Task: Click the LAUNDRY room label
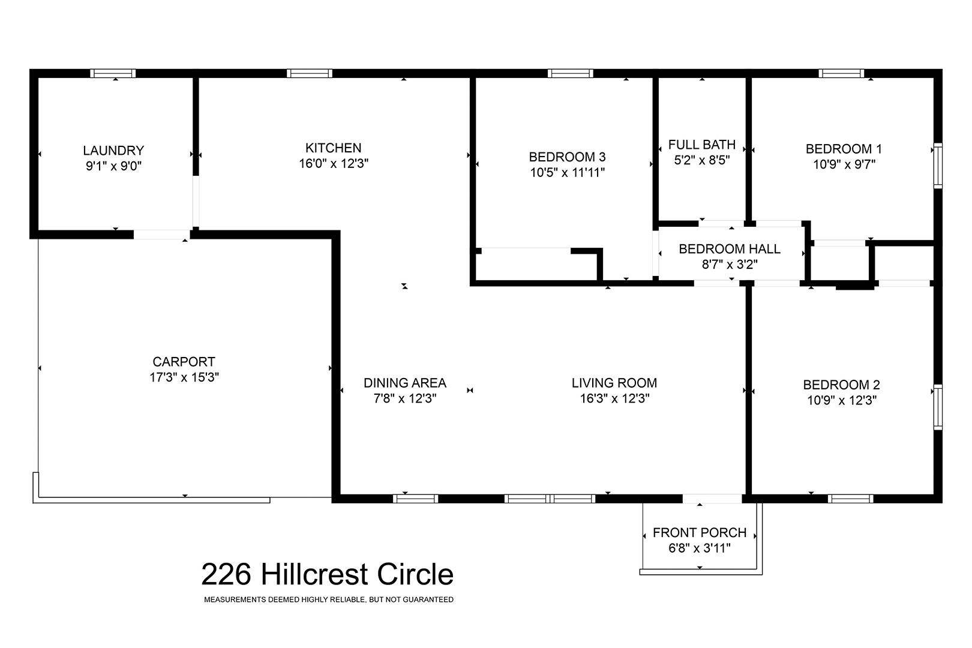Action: (113, 151)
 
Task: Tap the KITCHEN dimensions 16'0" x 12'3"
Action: (333, 164)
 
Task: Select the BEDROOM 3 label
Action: (567, 157)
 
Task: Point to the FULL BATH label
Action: (701, 145)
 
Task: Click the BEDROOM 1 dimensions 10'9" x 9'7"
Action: (844, 164)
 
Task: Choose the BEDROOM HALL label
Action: (730, 248)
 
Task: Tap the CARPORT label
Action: (184, 362)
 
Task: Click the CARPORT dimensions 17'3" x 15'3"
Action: (184, 377)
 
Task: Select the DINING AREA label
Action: (405, 383)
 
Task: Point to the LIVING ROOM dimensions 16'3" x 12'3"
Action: (614, 398)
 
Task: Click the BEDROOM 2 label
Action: (841, 385)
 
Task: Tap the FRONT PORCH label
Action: (700, 533)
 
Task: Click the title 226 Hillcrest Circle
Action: (327, 574)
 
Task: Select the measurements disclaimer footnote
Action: (328, 600)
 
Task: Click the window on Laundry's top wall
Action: (113, 73)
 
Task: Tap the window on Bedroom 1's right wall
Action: (938, 166)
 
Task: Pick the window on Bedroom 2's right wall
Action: (938, 407)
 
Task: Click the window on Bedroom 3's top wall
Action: (570, 73)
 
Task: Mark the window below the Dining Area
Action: (415, 499)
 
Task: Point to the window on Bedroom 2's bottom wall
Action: (851, 499)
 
